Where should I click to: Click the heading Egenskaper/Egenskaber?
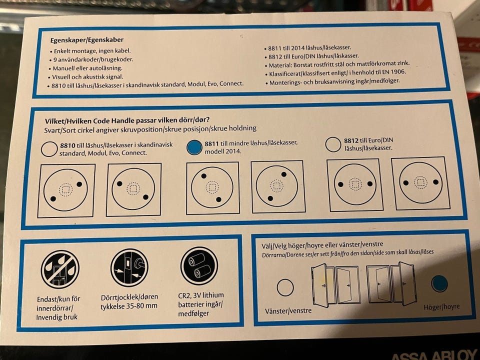(87, 40)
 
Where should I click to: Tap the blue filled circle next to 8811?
(194, 147)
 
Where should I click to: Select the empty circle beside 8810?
(49, 149)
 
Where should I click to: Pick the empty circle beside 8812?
(333, 144)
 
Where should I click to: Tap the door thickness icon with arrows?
(129, 267)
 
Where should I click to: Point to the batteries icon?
(199, 265)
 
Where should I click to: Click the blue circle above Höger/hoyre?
(439, 283)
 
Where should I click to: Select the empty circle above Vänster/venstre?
(285, 287)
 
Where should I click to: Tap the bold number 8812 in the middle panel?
(351, 140)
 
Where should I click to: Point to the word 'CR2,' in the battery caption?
(184, 295)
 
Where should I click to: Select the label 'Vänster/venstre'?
(288, 310)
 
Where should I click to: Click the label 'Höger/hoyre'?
(441, 307)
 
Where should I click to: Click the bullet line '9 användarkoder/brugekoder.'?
(91, 59)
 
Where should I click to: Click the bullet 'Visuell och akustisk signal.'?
(85, 77)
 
